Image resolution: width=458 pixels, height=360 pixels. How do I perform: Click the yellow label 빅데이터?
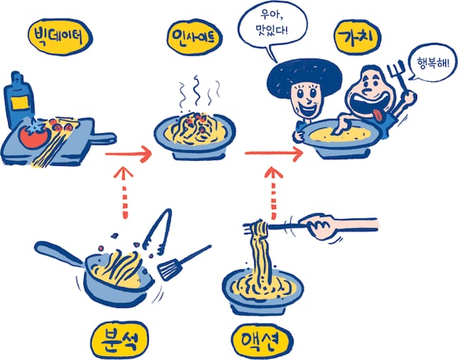[60, 37]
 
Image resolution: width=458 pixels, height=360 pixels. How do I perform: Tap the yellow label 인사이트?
[195, 37]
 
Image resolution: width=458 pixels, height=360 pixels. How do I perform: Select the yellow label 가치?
[358, 38]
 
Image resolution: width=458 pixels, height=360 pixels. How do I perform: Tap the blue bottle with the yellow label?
[18, 100]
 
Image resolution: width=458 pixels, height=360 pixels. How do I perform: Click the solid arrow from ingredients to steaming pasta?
[128, 154]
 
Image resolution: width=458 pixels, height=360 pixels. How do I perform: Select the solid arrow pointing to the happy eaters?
[274, 153]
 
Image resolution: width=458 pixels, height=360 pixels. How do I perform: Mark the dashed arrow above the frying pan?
[124, 193]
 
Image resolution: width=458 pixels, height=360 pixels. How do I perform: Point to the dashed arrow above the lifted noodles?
[274, 193]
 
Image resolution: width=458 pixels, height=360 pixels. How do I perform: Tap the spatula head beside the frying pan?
[169, 269]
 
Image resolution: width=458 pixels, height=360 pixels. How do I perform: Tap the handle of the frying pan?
[59, 253]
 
